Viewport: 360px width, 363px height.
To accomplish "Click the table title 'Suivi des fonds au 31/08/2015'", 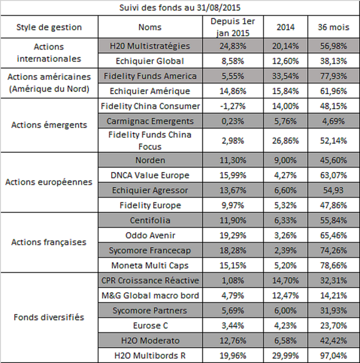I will pos(180,7).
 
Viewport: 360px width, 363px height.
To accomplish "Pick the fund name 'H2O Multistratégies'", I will pos(150,46).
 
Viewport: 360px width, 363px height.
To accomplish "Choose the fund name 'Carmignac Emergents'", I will pos(150,121).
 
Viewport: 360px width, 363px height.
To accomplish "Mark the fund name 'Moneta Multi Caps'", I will pos(150,265).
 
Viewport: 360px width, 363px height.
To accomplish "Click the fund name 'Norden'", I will pos(150,160).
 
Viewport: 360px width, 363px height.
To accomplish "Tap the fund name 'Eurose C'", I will pos(150,326).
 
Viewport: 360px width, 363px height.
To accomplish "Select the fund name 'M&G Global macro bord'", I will pos(150,296).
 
